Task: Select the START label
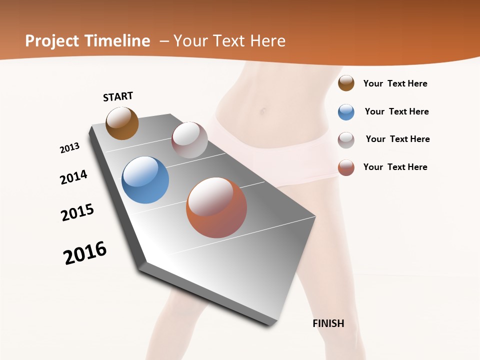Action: pyautogui.click(x=118, y=96)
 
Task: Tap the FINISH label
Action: pyautogui.click(x=328, y=323)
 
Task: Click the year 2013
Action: pyautogui.click(x=69, y=148)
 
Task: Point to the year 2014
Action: pyautogui.click(x=73, y=177)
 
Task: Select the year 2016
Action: pyautogui.click(x=85, y=253)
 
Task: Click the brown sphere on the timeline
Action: pyautogui.click(x=122, y=123)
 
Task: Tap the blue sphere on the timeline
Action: pyautogui.click(x=145, y=180)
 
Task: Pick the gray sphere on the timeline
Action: pyautogui.click(x=189, y=140)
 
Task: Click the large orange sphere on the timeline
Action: pyautogui.click(x=216, y=207)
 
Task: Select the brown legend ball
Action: pyautogui.click(x=346, y=83)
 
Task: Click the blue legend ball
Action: pyautogui.click(x=346, y=112)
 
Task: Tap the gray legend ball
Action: pyautogui.click(x=346, y=139)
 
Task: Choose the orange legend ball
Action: pyautogui.click(x=346, y=167)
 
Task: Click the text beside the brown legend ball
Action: pyautogui.click(x=395, y=83)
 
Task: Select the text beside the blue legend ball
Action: pyautogui.click(x=396, y=111)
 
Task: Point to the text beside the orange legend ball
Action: pyautogui.click(x=395, y=167)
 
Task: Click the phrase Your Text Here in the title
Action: pyautogui.click(x=229, y=41)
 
